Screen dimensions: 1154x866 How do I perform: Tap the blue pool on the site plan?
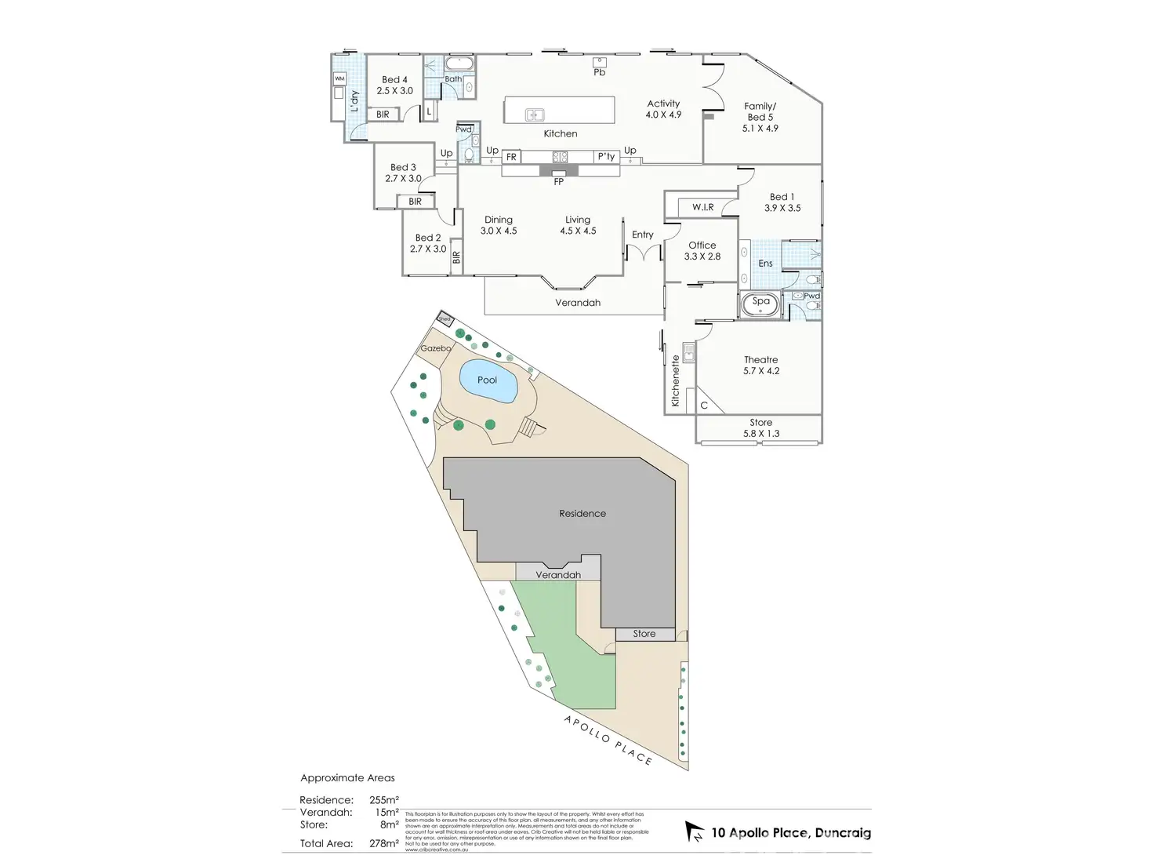point(487,380)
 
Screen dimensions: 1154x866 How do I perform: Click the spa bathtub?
point(760,304)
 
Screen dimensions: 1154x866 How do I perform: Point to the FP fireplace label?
point(559,182)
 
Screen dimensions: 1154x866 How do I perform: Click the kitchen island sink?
point(535,115)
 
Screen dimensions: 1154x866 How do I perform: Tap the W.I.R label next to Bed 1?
point(702,207)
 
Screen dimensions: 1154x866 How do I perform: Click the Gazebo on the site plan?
point(435,348)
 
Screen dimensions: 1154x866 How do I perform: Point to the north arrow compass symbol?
point(694,831)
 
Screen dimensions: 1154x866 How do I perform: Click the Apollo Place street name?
point(608,739)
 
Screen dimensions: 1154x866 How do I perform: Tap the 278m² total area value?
point(384,844)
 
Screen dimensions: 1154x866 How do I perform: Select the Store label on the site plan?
point(644,634)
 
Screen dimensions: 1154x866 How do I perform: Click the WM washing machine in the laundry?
point(339,78)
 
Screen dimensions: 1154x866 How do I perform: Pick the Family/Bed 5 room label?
point(760,117)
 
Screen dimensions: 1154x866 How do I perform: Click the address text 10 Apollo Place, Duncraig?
point(790,833)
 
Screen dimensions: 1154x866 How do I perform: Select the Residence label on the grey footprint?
point(582,514)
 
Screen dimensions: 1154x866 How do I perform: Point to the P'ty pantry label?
point(606,157)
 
